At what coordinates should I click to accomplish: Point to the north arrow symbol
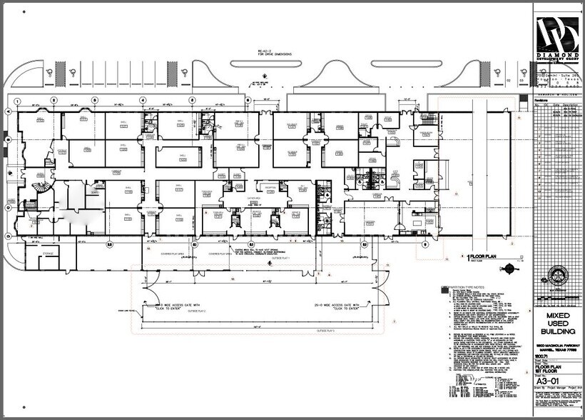[x=511, y=269]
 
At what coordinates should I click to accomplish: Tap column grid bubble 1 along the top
[x=18, y=100]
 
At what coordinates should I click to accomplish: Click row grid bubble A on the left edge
[x=8, y=112]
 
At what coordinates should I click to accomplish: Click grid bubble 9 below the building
[x=426, y=244]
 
